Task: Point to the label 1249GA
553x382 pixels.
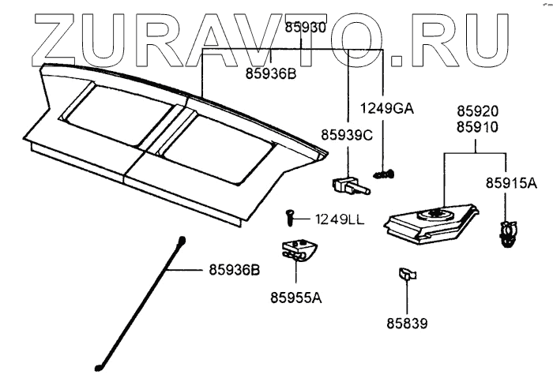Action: pyautogui.click(x=388, y=108)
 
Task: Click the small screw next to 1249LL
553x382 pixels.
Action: pyautogui.click(x=289, y=215)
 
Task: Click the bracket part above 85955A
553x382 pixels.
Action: pyautogui.click(x=297, y=250)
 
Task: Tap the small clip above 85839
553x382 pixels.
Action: pyautogui.click(x=405, y=275)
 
